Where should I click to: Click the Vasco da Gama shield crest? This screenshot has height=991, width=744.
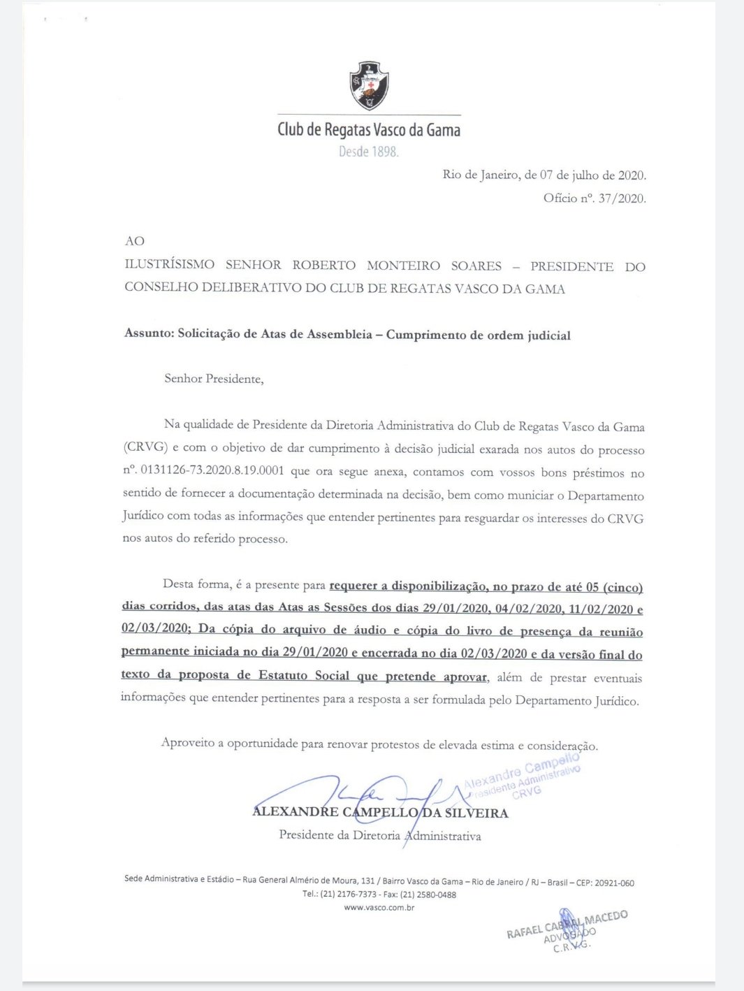(369, 85)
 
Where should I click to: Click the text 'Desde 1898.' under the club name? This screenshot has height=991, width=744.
(368, 152)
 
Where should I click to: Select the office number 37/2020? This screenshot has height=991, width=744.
(622, 198)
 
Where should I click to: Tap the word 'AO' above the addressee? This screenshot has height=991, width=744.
(134, 241)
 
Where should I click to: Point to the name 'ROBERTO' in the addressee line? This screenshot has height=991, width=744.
(323, 266)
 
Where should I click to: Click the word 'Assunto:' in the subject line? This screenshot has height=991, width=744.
(149, 333)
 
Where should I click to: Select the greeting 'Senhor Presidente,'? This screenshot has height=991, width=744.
(214, 379)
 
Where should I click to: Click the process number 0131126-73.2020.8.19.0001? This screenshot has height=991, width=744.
(212, 470)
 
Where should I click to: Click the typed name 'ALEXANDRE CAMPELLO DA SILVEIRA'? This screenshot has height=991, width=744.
(380, 812)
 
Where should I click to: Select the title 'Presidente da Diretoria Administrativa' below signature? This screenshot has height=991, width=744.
(380, 835)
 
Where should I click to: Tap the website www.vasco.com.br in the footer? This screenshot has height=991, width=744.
(379, 908)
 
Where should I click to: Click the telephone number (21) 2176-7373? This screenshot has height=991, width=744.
(349, 895)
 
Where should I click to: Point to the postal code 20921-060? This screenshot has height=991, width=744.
(614, 883)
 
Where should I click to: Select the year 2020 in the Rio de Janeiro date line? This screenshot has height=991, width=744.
(632, 175)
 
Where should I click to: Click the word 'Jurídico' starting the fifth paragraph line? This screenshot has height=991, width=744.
(143, 516)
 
